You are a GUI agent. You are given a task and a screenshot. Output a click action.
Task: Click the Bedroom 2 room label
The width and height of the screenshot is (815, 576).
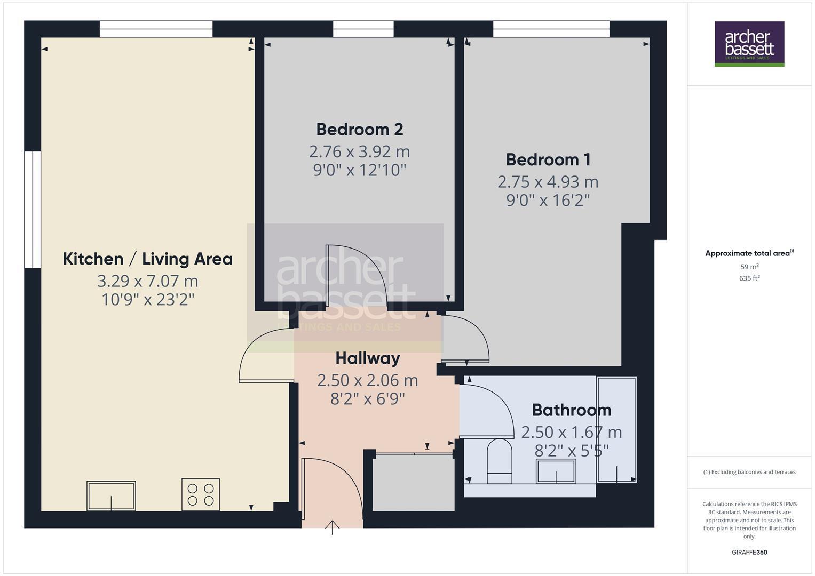(359, 129)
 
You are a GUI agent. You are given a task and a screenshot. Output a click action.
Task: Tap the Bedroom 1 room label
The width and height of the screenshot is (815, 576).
(548, 159)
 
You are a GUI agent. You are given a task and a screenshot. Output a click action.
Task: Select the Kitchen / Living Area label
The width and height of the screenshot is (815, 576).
(148, 259)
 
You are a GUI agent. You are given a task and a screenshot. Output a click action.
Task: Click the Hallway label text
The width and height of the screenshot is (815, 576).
(367, 358)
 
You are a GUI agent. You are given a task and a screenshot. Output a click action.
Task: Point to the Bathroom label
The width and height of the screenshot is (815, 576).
(572, 410)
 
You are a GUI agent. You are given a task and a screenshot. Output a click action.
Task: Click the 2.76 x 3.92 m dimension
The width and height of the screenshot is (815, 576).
(359, 151)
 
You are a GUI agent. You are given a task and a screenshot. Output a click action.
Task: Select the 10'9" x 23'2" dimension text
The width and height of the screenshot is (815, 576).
(148, 299)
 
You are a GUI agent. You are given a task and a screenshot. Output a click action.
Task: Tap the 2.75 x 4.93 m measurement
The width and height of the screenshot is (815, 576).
(548, 182)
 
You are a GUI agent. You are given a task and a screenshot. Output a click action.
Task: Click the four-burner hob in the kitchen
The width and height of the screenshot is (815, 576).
(201, 494)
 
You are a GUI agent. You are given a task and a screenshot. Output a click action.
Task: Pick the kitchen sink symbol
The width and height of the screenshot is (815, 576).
(111, 495)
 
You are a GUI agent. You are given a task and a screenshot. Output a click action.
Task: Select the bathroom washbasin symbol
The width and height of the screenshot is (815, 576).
(556, 471)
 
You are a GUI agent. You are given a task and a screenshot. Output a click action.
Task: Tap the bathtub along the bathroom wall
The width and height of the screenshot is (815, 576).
(616, 429)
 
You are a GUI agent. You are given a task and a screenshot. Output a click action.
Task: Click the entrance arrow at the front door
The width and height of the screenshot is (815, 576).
(332, 527)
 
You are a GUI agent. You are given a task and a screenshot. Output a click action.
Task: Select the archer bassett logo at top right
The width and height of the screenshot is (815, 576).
(749, 44)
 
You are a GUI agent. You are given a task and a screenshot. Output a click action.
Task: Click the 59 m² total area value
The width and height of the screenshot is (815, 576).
(749, 267)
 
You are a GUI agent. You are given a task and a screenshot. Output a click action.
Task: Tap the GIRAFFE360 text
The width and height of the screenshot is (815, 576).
(749, 552)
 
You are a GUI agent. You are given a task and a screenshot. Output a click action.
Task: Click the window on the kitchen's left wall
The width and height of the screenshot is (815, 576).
(33, 209)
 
